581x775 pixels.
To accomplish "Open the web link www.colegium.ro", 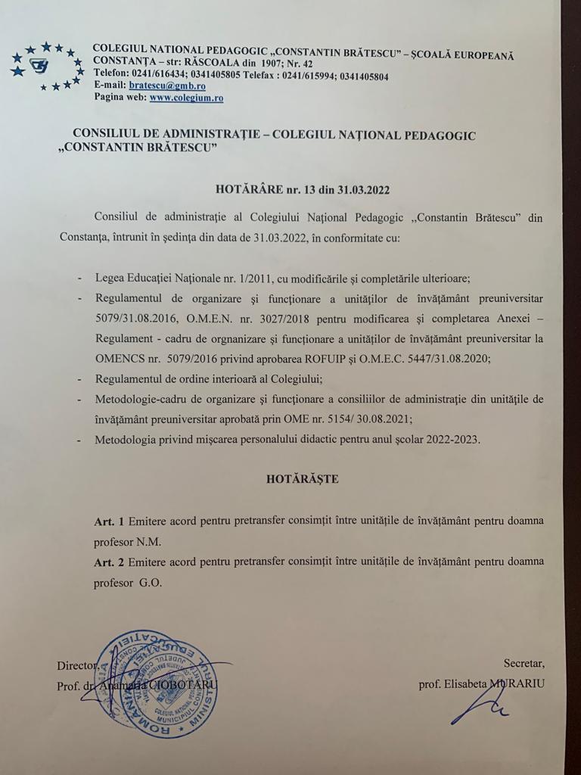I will tap(186, 98).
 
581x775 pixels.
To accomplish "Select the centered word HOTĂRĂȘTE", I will tap(302, 479).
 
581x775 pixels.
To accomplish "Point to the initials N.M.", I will tap(148, 542).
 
